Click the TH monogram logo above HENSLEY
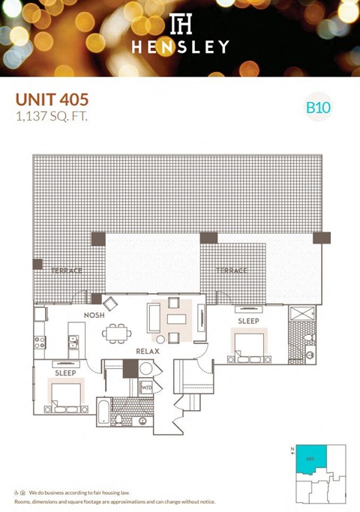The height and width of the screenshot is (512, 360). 179,23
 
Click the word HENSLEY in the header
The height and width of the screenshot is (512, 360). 179,47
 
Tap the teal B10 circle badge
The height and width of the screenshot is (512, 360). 319,107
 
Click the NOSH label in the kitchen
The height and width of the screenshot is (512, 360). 93,315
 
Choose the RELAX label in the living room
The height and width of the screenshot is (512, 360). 145,351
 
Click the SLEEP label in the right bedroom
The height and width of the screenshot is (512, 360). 248,321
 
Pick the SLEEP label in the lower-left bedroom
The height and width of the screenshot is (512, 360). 65,372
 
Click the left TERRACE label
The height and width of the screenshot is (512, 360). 67,270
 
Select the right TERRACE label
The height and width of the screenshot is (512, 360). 232,270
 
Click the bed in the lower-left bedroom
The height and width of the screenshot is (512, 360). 65,395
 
